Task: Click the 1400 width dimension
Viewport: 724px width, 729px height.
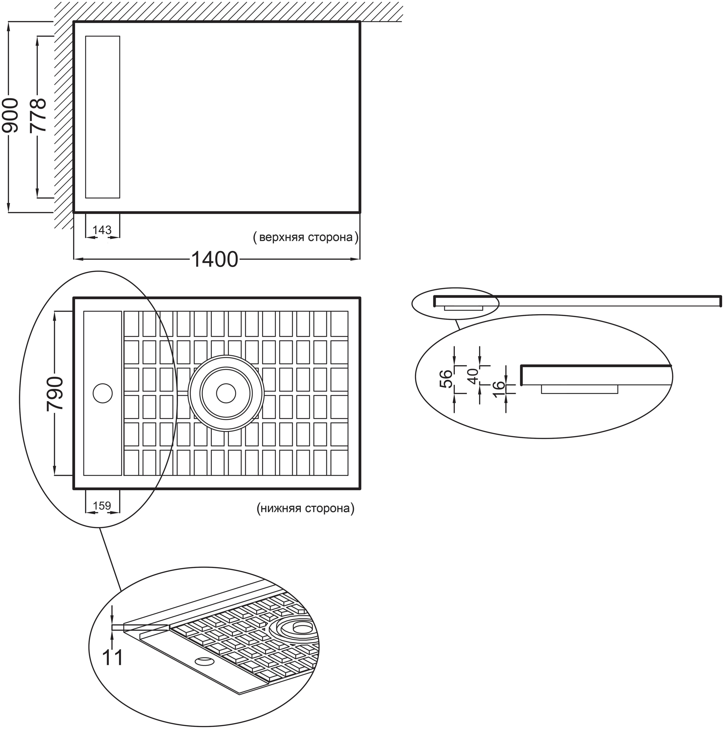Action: pos(215,260)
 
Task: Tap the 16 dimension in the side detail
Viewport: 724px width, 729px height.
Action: pos(499,390)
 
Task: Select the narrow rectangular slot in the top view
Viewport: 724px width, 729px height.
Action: pos(103,117)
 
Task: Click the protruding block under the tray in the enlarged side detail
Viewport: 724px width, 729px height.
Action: pos(580,389)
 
